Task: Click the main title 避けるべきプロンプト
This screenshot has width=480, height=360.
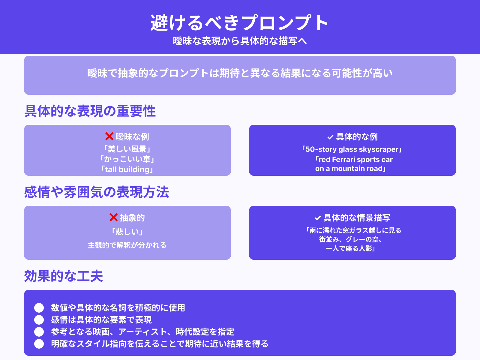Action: [x=239, y=23]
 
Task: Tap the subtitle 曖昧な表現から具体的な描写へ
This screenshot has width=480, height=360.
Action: [x=240, y=41]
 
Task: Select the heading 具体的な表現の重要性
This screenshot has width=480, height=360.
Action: [x=90, y=111]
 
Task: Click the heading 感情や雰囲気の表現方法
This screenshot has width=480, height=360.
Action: [x=97, y=192]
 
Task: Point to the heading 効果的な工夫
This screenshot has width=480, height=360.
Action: [x=64, y=276]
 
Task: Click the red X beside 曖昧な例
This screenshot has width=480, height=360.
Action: [x=109, y=136]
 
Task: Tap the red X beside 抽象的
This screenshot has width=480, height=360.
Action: [x=113, y=217]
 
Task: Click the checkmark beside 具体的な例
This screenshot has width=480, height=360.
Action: [x=330, y=137]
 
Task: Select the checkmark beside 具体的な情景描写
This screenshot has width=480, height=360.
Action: [x=318, y=218]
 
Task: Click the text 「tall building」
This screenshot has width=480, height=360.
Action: [x=127, y=169]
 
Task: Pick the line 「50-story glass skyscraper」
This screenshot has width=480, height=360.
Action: [x=352, y=149]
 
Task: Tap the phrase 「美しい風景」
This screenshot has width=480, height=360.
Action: [x=127, y=149]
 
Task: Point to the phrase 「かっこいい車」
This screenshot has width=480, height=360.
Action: [x=127, y=159]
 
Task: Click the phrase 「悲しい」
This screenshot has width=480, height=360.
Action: [x=127, y=232]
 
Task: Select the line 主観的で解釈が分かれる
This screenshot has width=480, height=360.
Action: [x=127, y=245]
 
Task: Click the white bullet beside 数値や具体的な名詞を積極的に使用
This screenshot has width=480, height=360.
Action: [x=39, y=308]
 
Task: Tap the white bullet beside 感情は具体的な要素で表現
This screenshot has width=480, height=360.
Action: [x=39, y=320]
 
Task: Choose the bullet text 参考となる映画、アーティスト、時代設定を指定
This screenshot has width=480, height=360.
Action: [x=142, y=332]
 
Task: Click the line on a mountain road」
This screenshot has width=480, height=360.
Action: [x=350, y=169]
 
